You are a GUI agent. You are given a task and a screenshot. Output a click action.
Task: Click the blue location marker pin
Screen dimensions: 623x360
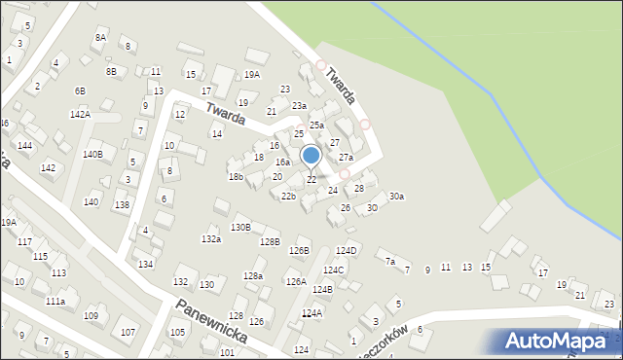pos(311,156)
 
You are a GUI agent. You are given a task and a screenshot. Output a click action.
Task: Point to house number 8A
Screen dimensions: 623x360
pos(100,37)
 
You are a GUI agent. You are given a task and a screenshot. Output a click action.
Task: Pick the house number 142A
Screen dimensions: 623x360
pos(80,114)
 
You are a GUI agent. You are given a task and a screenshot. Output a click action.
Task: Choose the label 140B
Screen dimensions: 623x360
pos(92,154)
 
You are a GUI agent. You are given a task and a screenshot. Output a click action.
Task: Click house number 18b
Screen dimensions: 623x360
pos(236,176)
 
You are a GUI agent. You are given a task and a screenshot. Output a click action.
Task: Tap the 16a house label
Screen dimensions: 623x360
pos(282,162)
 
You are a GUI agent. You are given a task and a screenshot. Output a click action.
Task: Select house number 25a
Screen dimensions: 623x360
pos(316,126)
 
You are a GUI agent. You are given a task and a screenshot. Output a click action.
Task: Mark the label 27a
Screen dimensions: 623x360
pos(346,158)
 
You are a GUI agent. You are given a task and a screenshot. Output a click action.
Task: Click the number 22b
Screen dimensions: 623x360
pos(288,197)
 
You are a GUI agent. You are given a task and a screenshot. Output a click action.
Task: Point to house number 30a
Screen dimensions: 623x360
pos(396,197)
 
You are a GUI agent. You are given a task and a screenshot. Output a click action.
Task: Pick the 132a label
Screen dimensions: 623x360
pos(210,238)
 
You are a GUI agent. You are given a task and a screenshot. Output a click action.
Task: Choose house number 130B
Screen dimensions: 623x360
pos(240,227)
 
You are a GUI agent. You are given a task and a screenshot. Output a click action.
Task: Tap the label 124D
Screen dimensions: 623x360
pos(347,251)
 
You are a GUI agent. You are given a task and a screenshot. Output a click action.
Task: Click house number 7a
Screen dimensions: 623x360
pos(389,261)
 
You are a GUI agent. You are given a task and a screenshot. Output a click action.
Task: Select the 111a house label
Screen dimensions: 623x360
pos(55,303)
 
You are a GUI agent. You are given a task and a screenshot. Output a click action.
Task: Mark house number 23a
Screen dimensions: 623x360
pos(299,106)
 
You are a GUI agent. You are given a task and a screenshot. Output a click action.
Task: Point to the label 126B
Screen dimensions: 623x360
pos(299,251)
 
